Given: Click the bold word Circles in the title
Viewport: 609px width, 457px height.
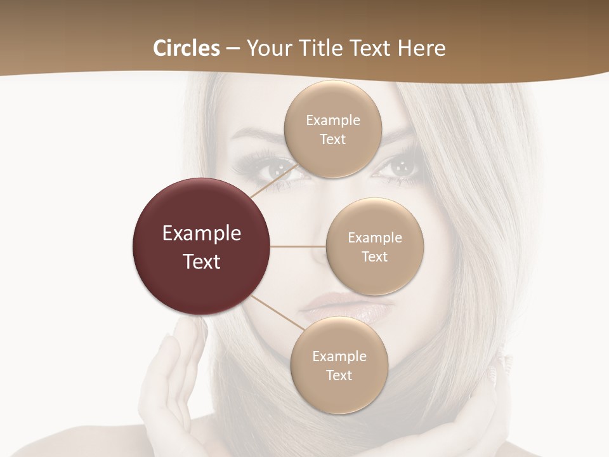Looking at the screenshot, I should coord(187,48).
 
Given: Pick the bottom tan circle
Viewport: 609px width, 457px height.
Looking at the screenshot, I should coord(339,394).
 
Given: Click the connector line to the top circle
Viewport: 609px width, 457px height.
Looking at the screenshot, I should coord(273,180).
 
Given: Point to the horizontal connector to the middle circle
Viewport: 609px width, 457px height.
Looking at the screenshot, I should coord(298,246).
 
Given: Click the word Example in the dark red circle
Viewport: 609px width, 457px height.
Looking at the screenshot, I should coord(202,234).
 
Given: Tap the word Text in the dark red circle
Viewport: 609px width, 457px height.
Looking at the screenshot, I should coord(202,262).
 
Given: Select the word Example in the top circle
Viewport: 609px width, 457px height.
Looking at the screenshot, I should coord(333,121).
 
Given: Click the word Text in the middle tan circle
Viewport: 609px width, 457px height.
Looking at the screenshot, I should coord(374,257).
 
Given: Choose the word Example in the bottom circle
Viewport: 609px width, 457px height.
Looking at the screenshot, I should coord(339,357).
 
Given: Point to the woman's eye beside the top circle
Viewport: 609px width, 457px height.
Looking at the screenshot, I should coord(401,168).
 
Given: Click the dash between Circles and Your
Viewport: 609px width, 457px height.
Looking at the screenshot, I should coord(233,49).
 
